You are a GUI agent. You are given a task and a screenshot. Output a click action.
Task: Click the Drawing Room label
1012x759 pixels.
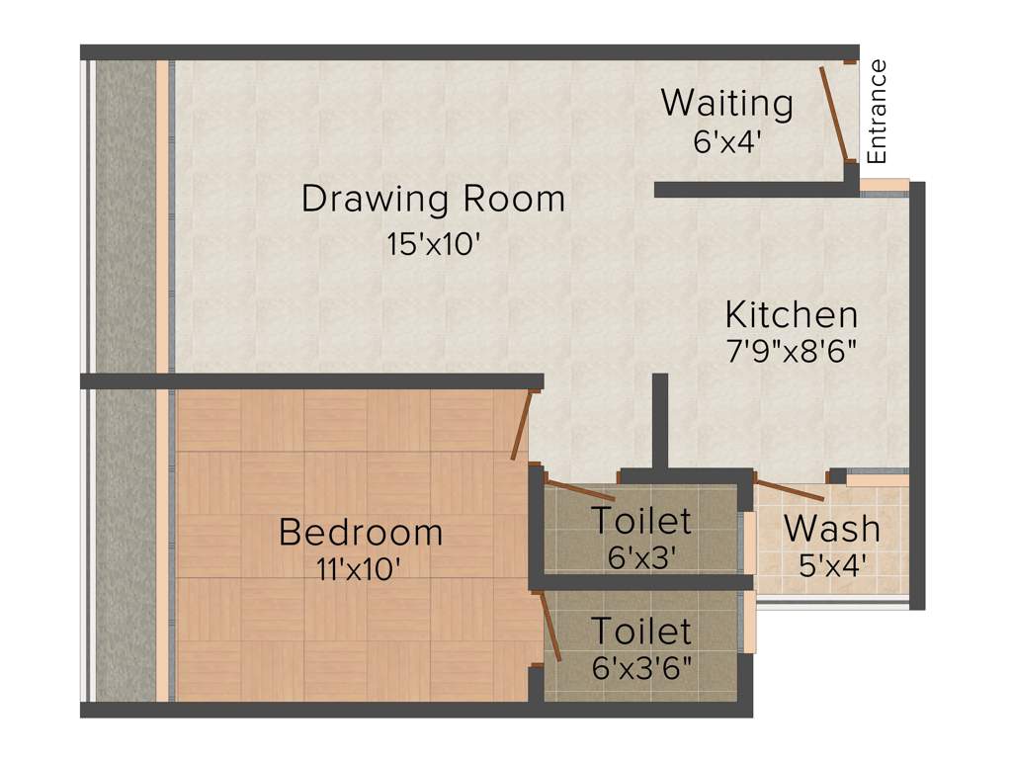[433, 199]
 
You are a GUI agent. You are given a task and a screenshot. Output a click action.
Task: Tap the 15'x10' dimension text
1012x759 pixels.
[433, 244]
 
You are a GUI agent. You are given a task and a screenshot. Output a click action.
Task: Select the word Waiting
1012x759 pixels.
[726, 103]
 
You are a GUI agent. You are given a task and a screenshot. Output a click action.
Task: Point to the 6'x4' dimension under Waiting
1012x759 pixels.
[726, 142]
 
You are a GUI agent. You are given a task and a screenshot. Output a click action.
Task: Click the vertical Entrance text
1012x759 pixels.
[878, 112]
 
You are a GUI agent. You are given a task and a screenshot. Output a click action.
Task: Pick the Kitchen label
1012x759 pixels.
[791, 315]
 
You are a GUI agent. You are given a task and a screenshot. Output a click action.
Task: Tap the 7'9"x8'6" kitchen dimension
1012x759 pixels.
[791, 350]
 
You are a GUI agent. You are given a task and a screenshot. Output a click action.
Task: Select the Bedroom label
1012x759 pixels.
[360, 532]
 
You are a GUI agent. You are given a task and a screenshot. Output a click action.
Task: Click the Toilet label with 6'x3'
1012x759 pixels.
[640, 520]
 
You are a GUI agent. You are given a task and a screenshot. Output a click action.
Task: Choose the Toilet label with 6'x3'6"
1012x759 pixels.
[640, 631]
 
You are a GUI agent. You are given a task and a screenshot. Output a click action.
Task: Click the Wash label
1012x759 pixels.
[831, 529]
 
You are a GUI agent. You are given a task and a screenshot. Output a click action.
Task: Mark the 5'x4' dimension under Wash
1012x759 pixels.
[831, 565]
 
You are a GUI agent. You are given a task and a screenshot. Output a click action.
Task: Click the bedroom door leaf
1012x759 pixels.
[522, 425]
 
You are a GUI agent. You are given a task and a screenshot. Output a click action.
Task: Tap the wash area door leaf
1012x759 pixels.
[789, 488]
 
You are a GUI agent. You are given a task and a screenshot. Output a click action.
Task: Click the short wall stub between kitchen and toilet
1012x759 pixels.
[659, 420]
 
